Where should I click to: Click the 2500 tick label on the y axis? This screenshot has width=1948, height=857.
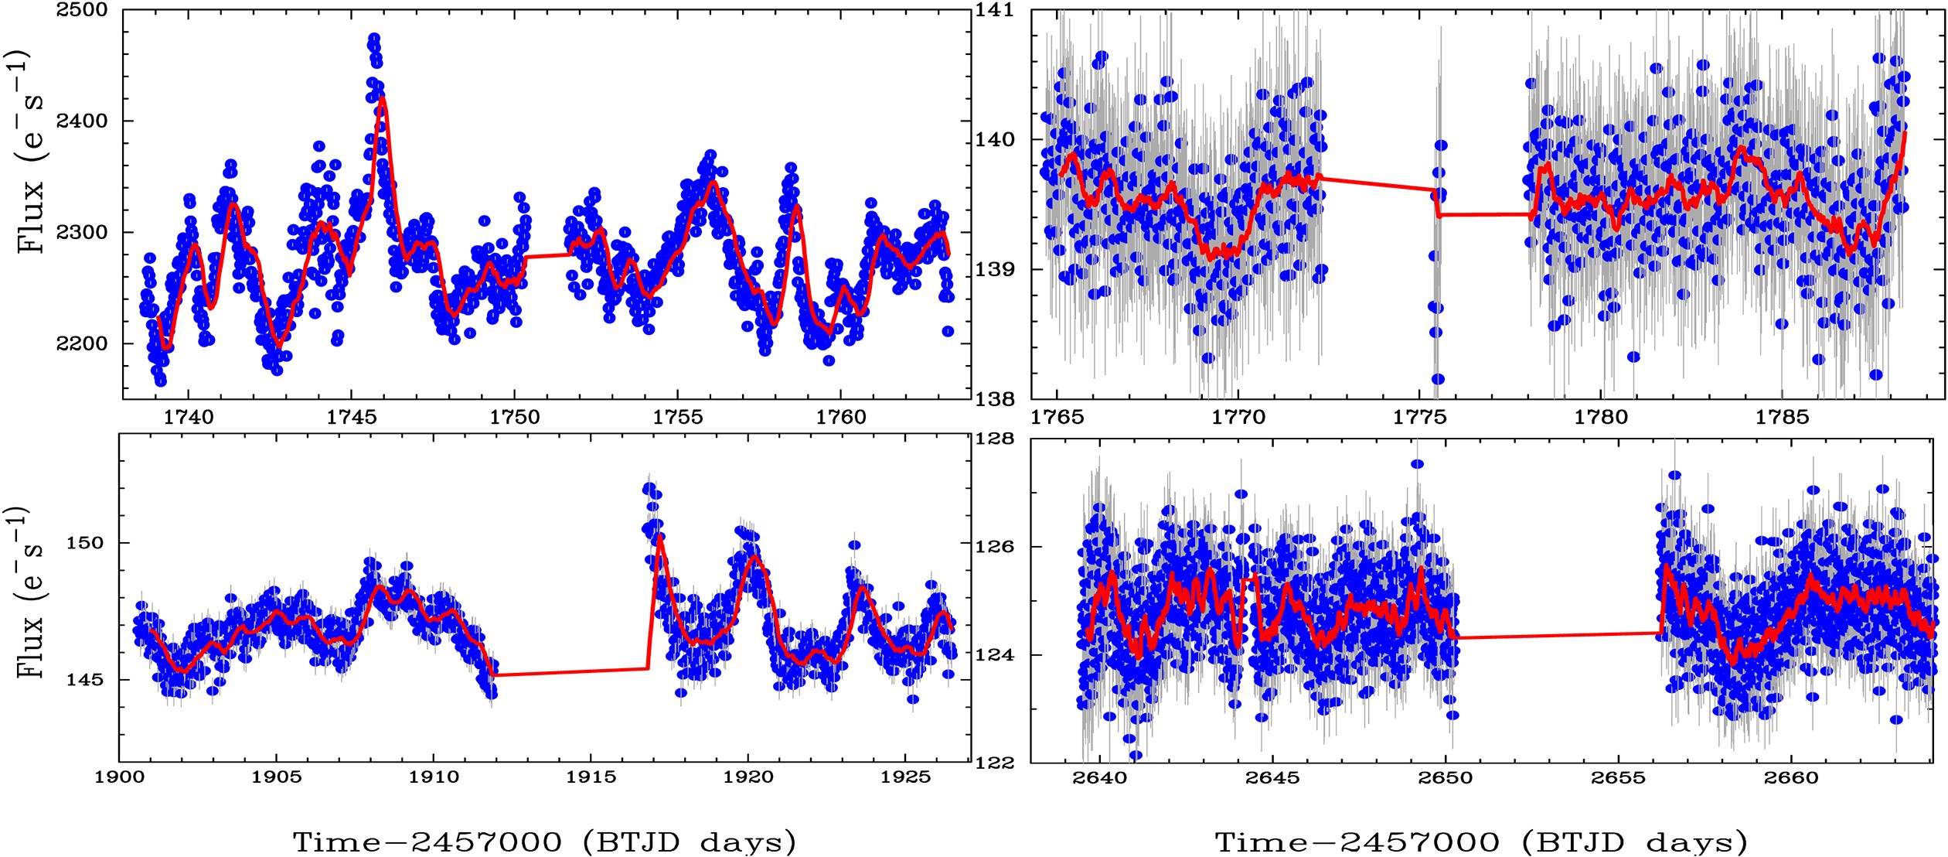tap(82, 11)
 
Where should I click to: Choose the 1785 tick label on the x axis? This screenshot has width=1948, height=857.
tap(1783, 418)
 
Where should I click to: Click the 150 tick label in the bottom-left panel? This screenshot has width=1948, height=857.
tap(84, 543)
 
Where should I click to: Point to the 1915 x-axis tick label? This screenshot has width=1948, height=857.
tap(591, 777)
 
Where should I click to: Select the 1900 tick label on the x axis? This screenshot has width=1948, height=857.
tap(120, 777)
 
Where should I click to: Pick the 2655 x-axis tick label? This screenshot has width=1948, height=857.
tap(1618, 777)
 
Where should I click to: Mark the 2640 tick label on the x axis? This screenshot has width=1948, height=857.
tap(1100, 777)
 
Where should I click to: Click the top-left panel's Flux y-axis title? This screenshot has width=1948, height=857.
tap(31, 152)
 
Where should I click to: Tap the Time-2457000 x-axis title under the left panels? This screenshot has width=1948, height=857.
tap(544, 842)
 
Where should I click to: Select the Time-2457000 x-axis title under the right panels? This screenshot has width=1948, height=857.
tap(1480, 842)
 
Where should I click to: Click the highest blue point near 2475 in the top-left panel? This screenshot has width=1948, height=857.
tap(374, 39)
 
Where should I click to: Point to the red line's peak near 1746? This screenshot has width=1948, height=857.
tap(382, 99)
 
